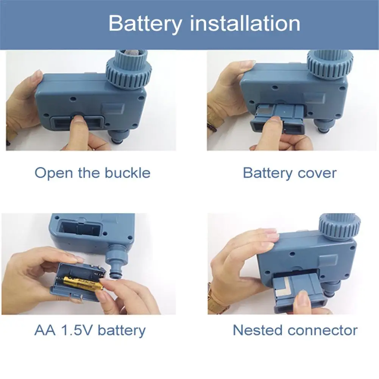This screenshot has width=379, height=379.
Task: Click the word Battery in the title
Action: pyautogui.click(x=145, y=24)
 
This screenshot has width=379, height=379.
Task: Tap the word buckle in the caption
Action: pyautogui.click(x=127, y=173)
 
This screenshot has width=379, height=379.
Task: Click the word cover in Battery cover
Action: pyautogui.click(x=317, y=173)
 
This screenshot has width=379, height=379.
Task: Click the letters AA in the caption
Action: pyautogui.click(x=45, y=330)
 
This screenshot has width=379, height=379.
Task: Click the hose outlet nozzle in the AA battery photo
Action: pyautogui.click(x=115, y=265)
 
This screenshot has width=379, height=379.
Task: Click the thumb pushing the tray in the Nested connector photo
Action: pyautogui.click(x=303, y=301)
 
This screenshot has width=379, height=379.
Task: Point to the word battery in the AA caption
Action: pyautogui.click(x=122, y=330)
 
